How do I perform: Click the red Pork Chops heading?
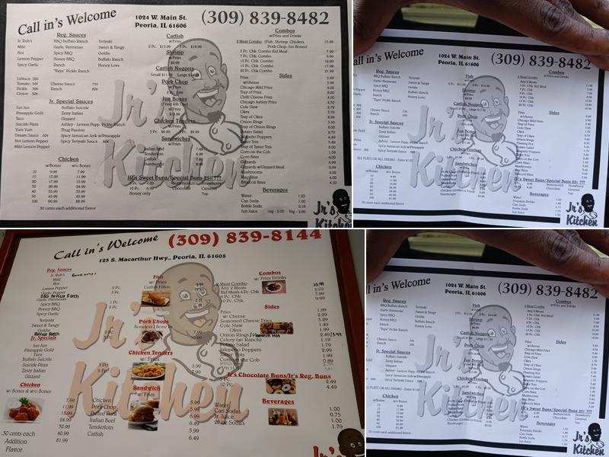click(155, 321)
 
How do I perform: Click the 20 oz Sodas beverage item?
click(229, 423)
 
